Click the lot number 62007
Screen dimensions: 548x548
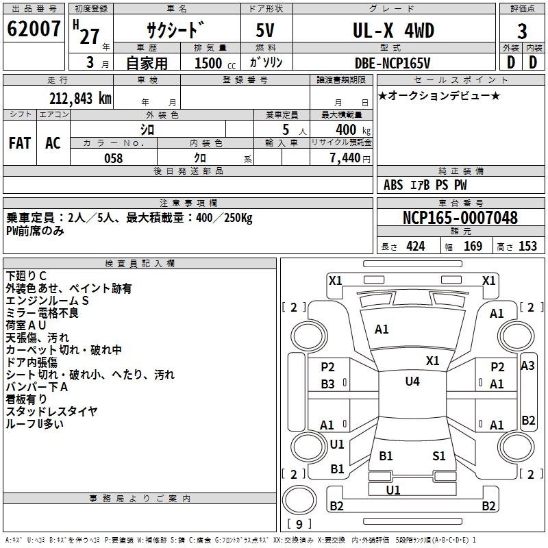tap(34, 31)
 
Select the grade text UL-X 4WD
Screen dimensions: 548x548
tap(394, 31)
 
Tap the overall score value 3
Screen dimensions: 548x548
tap(522, 32)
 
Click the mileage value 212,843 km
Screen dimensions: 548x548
tap(80, 98)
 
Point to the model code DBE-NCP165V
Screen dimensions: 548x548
tap(393, 62)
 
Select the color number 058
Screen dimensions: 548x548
tap(113, 158)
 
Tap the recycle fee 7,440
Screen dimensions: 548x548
tap(349, 158)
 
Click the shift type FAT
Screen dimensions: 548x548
tap(20, 143)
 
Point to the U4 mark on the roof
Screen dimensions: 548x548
tap(412, 382)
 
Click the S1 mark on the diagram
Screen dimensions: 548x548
tap(439, 456)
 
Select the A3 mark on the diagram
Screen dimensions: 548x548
tap(527, 366)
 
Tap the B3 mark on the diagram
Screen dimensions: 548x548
tap(328, 384)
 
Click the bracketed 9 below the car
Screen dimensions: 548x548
tap(299, 525)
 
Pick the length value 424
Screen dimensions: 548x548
tap(415, 247)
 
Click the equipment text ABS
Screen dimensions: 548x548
tap(393, 185)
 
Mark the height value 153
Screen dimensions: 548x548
tap(527, 247)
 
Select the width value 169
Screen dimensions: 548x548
tap(473, 247)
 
